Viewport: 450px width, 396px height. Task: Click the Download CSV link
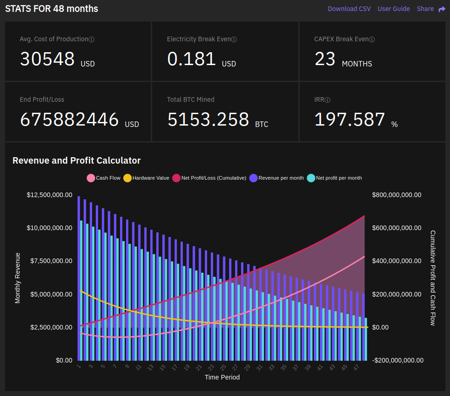(x=349, y=9)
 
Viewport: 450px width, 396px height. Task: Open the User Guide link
(x=394, y=9)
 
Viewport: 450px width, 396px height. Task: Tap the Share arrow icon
(x=442, y=9)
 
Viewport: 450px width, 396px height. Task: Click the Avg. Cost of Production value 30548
(x=47, y=59)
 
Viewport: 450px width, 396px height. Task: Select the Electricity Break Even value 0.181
(x=192, y=59)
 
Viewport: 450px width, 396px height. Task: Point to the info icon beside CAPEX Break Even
(x=372, y=39)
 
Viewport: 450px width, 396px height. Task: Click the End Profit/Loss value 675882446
(x=70, y=120)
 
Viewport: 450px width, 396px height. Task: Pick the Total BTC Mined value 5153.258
(x=209, y=120)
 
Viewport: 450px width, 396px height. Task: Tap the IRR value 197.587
(x=350, y=120)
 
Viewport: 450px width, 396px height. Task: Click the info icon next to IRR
(x=328, y=100)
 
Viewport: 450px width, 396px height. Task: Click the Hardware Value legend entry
(x=146, y=178)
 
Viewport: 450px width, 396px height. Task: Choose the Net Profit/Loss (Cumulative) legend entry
(x=209, y=178)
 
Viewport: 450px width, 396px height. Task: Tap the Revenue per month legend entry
(x=276, y=178)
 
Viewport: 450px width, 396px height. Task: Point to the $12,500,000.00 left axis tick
(x=49, y=195)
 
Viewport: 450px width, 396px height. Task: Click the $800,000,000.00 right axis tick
(x=397, y=195)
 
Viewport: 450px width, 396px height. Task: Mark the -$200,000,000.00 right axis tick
(x=398, y=360)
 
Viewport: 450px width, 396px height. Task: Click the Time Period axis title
(x=222, y=378)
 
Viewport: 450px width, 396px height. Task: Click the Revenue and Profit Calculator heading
(x=77, y=160)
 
